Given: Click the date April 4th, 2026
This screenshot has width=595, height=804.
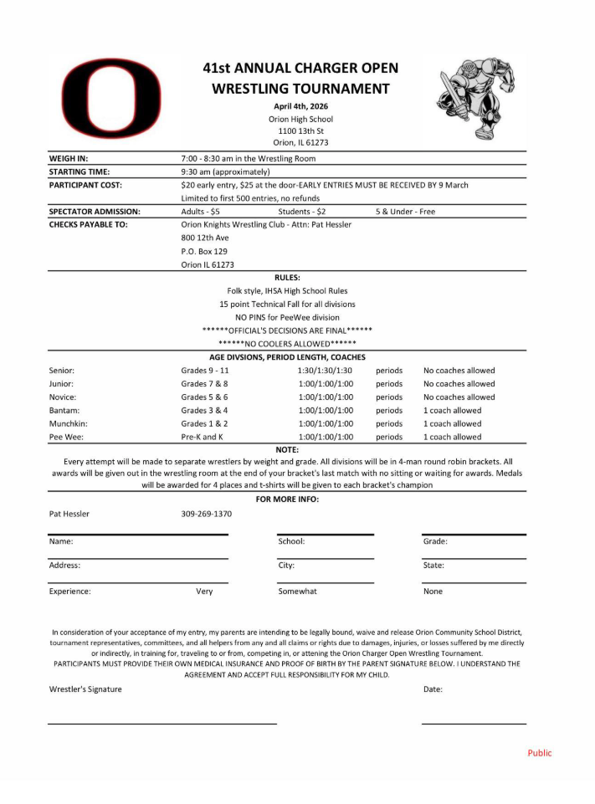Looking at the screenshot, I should pyautogui.click(x=300, y=106).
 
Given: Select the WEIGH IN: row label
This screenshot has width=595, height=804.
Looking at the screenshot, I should pyautogui.click(x=69, y=158).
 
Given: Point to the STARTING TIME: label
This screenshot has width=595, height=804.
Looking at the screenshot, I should pyautogui.click(x=80, y=172).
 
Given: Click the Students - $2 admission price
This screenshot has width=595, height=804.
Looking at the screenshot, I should pyautogui.click(x=302, y=212).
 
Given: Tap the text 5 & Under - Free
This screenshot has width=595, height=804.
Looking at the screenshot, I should pyautogui.click(x=405, y=212).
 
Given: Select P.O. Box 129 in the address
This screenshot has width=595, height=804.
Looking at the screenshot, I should pyautogui.click(x=205, y=251).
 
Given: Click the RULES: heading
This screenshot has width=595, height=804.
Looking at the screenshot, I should pyautogui.click(x=287, y=277).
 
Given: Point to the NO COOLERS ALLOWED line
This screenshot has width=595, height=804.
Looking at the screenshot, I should pyautogui.click(x=287, y=344).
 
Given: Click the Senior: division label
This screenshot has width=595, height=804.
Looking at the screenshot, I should pyautogui.click(x=62, y=370).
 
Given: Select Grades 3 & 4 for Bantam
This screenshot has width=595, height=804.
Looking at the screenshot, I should pyautogui.click(x=204, y=410).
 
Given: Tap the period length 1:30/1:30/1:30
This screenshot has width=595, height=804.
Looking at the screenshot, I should pyautogui.click(x=325, y=370).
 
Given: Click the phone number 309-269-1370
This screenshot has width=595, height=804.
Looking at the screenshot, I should pyautogui.click(x=206, y=514).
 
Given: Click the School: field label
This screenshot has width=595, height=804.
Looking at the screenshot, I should pyautogui.click(x=291, y=541).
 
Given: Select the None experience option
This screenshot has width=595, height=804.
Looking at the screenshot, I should pyautogui.click(x=433, y=591).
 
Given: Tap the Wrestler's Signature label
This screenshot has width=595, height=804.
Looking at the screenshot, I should pyautogui.click(x=85, y=689).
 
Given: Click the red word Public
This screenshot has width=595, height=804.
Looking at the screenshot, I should pyautogui.click(x=540, y=753).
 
